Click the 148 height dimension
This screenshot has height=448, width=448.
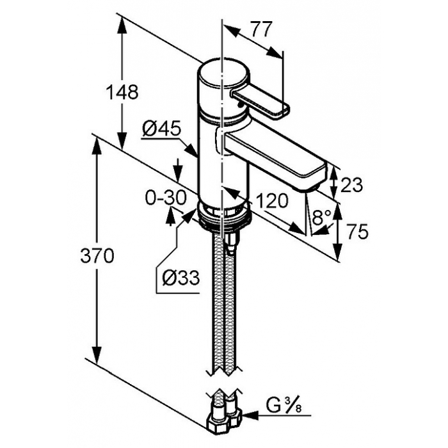[122, 92]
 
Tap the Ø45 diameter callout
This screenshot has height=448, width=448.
[162, 128]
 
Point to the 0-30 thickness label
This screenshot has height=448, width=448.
[166, 197]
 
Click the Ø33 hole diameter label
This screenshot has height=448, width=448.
[181, 277]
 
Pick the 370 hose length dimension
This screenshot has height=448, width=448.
[97, 255]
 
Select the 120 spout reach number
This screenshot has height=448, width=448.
[272, 200]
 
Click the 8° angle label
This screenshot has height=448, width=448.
[321, 218]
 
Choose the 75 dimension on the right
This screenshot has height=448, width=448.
[357, 232]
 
